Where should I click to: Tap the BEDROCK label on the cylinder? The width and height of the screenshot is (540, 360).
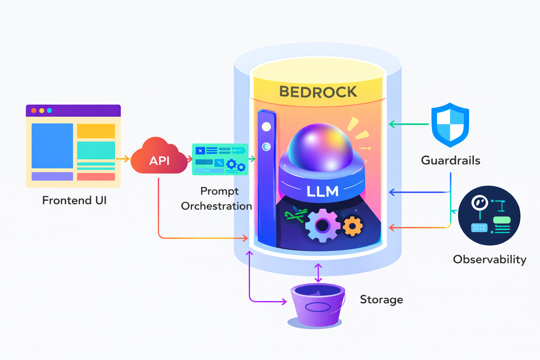318,92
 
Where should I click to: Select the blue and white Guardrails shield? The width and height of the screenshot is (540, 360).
450,125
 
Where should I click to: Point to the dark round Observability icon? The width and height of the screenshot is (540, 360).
489,216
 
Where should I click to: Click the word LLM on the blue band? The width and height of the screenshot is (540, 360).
322,192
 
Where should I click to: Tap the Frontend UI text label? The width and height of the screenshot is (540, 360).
74,200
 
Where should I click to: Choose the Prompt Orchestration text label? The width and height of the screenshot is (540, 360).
217,199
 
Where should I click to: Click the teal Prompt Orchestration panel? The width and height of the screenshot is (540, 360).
220,159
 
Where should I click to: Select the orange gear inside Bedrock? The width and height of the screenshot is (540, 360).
352,226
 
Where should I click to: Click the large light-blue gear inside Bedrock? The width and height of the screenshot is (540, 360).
322,225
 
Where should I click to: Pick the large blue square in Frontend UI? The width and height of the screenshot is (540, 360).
52,146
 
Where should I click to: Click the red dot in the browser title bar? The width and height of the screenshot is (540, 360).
34,110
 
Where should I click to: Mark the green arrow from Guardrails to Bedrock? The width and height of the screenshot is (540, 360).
409,124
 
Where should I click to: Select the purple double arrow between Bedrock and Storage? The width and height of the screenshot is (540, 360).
318,273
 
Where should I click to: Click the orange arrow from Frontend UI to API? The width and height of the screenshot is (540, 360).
123,159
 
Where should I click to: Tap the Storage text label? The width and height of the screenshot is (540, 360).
381,300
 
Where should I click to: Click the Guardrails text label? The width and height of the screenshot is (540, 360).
450,160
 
